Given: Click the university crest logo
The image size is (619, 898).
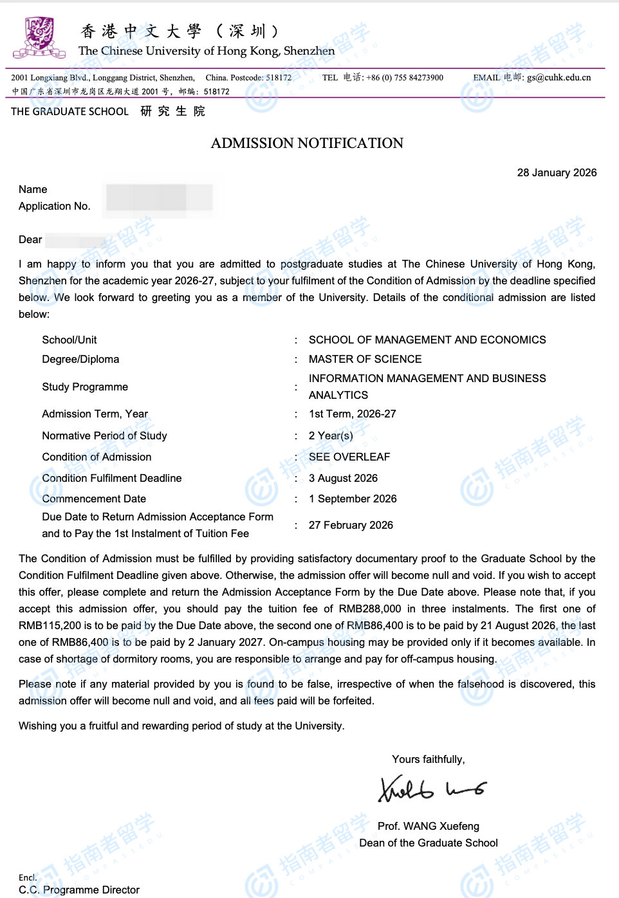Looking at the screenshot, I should pyautogui.click(x=39, y=37).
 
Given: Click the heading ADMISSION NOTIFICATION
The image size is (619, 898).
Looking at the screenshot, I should pyautogui.click(x=307, y=143).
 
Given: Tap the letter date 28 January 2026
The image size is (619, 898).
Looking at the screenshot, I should pyautogui.click(x=557, y=172).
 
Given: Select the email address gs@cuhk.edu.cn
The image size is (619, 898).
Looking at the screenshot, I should pyautogui.click(x=559, y=77).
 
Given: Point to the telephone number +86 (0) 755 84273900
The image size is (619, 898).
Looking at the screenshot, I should pyautogui.click(x=405, y=77).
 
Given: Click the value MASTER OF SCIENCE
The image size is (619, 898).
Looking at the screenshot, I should pyautogui.click(x=365, y=359).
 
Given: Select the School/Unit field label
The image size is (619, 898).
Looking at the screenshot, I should pyautogui.click(x=69, y=340).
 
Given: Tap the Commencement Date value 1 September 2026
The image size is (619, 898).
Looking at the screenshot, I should pyautogui.click(x=353, y=499).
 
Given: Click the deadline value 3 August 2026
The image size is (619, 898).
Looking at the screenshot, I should pyautogui.click(x=343, y=478).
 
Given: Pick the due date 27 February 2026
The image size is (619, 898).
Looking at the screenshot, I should pyautogui.click(x=351, y=525).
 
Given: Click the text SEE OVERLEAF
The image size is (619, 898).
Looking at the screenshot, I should pyautogui.click(x=349, y=457).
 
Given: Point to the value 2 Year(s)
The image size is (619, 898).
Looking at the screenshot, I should pyautogui.click(x=331, y=435).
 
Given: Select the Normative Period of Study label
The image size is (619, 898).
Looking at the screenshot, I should pyautogui.click(x=104, y=435).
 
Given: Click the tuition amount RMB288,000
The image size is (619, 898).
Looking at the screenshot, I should pyautogui.click(x=370, y=609).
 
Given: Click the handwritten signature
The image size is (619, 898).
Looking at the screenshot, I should pyautogui.click(x=431, y=789).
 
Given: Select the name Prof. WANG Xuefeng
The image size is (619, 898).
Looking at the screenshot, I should pyautogui.click(x=429, y=826).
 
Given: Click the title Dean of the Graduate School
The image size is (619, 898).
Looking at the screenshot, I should pyautogui.click(x=429, y=843).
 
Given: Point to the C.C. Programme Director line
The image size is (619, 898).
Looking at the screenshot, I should pyautogui.click(x=79, y=890).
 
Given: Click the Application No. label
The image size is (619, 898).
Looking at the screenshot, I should pyautogui.click(x=55, y=206).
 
